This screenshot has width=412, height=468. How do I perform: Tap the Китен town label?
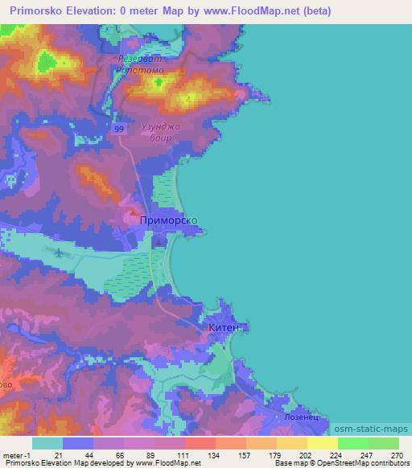point(224,328)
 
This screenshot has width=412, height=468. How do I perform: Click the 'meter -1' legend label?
point(16,455)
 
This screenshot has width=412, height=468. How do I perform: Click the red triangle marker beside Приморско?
point(132,213)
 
